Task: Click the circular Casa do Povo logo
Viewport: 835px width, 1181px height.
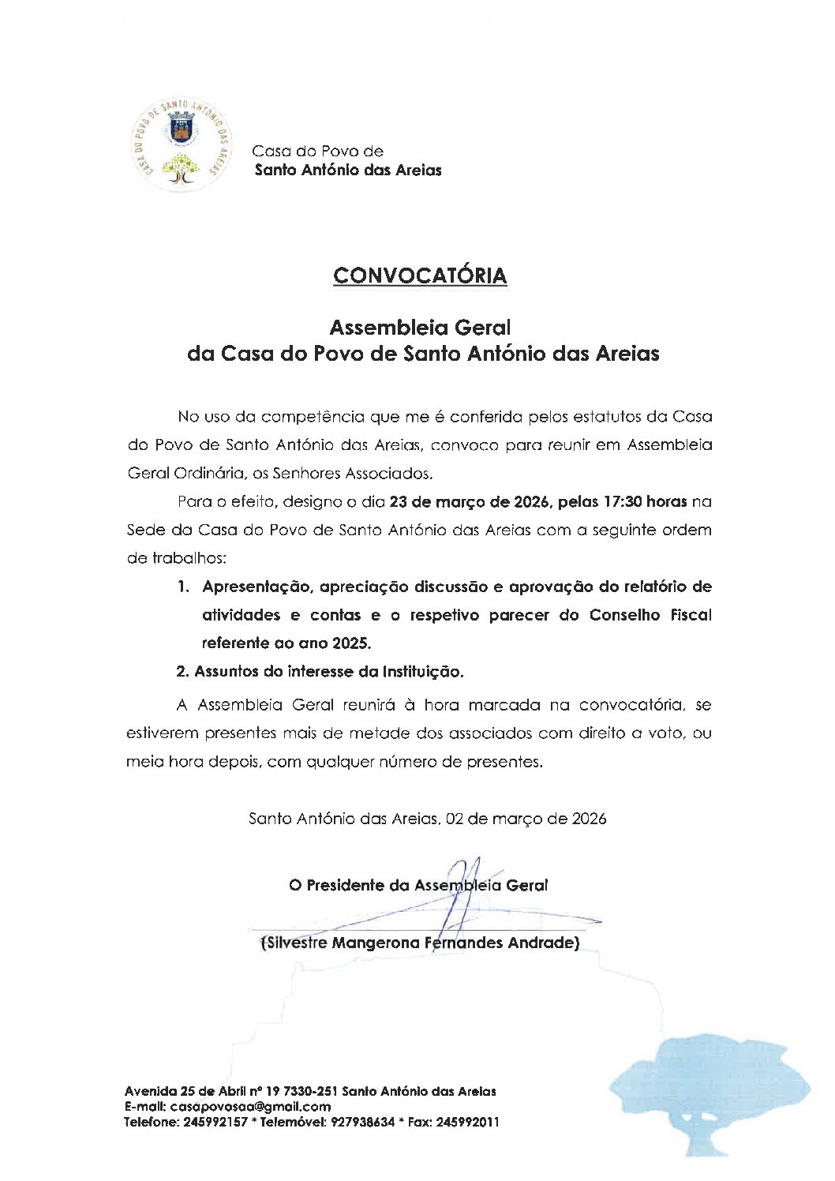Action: (182, 145)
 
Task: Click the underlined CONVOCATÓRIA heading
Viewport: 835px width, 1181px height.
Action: (420, 276)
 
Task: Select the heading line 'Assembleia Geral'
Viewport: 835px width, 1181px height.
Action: (420, 326)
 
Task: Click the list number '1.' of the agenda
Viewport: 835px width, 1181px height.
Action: (183, 587)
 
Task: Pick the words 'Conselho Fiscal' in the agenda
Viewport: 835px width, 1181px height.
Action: (650, 615)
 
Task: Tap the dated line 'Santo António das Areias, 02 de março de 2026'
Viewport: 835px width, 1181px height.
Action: (427, 819)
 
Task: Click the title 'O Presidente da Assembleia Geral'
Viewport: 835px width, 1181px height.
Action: (418, 885)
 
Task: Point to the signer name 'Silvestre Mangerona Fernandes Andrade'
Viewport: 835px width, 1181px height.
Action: (420, 943)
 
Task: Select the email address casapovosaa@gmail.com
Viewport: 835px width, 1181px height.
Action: (250, 1107)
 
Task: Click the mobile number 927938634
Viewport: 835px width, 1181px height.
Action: (360, 1122)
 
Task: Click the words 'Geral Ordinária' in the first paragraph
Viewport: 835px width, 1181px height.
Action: (178, 474)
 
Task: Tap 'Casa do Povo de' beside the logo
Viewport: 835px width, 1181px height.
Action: (317, 151)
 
